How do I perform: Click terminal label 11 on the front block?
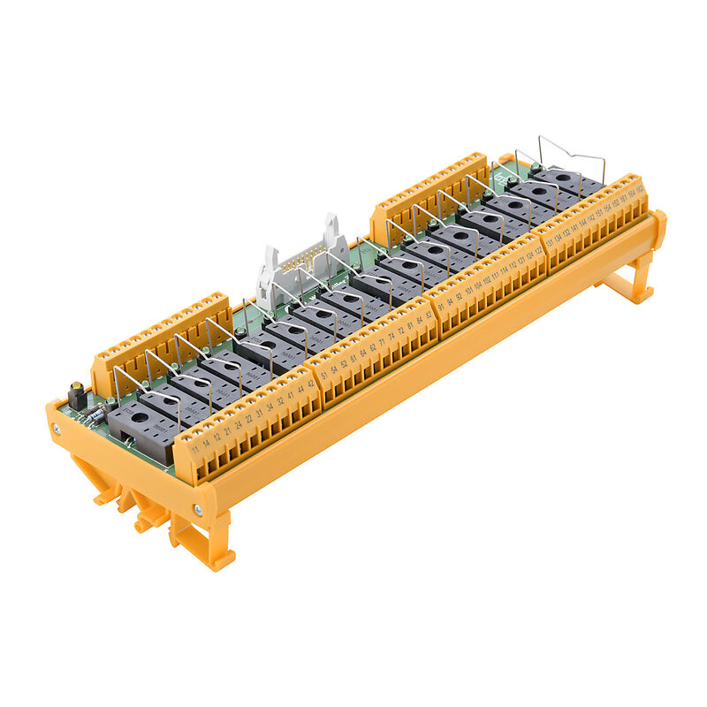(194, 448)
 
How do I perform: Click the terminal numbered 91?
(441, 307)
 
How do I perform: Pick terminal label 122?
(538, 255)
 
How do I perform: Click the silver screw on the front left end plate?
(57, 430)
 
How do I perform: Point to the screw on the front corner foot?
(198, 510)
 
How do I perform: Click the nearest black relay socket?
(141, 433)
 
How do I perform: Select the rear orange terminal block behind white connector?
(429, 189)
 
